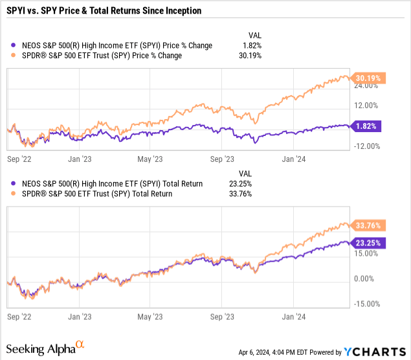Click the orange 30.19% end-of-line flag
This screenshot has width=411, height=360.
tap(368, 78)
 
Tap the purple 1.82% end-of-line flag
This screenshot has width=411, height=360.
tap(366, 126)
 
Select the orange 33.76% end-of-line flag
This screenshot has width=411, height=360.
tap(368, 225)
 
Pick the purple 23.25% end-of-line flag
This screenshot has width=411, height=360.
tap(368, 243)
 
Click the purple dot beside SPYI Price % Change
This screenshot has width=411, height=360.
tap(13, 45)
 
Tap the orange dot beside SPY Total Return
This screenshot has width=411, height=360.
tap(13, 194)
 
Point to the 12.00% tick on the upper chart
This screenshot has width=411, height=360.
tap(366, 106)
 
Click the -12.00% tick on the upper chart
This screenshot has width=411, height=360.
tap(367, 146)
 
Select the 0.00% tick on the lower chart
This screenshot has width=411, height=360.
tap(364, 278)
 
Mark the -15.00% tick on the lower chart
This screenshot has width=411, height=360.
tap(367, 304)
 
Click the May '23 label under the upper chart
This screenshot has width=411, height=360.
tap(150, 159)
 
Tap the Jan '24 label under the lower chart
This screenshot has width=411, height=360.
tap(294, 317)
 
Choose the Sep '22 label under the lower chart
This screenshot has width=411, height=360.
tap(19, 317)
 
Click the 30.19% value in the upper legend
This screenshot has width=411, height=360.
tap(250, 56)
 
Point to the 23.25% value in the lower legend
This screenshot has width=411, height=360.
tap(240, 184)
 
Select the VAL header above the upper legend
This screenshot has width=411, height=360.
tap(255, 36)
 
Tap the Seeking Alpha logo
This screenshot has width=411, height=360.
tap(45, 348)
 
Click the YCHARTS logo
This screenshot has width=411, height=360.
tap(375, 352)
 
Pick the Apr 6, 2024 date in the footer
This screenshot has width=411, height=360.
tap(254, 352)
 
